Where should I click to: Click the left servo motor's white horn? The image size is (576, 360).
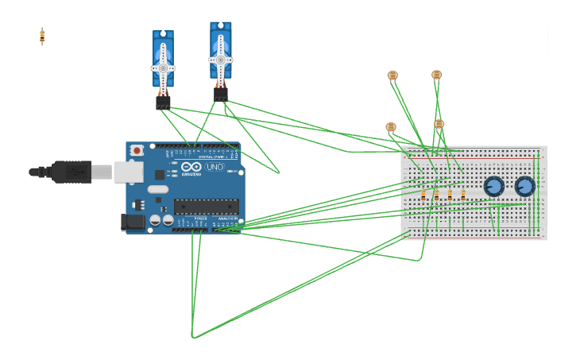click(163, 68)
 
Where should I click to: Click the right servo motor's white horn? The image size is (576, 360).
click(220, 60)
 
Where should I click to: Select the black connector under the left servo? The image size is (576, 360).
click(163, 103)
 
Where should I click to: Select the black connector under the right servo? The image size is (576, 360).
click(220, 95)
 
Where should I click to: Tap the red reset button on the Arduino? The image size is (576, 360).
click(137, 149)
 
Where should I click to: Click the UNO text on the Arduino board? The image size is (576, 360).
click(215, 168)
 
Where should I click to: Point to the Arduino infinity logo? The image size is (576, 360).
click(191, 168)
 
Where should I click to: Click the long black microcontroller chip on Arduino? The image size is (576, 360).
click(206, 207)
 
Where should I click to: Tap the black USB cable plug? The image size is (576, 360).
click(71, 171)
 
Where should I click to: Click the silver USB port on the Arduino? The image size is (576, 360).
click(127, 172)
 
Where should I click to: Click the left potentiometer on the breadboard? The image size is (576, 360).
click(493, 187)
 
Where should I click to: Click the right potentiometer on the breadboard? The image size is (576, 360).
click(524, 187)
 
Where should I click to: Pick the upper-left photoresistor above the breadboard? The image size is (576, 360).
click(392, 75)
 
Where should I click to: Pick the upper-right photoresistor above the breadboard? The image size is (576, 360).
click(436, 75)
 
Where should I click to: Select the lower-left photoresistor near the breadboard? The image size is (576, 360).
click(390, 127)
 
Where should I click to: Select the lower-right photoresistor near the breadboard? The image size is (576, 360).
click(439, 124)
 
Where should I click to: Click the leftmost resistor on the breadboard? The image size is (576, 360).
click(423, 194)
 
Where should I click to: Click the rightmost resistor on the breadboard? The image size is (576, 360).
click(463, 194)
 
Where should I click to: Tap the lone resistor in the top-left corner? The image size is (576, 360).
click(42, 36)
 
